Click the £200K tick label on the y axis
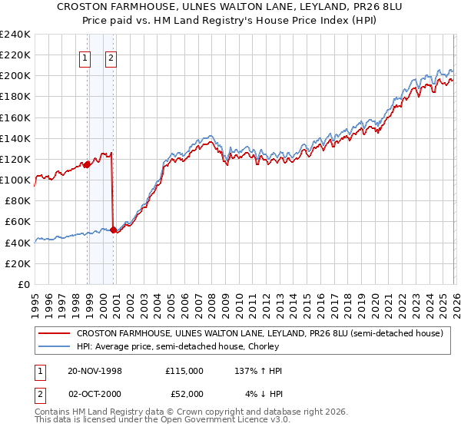coord(15,76)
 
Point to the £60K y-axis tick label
coord(18,222)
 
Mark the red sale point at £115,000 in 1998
coord(88,164)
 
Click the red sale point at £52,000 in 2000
coord(113,229)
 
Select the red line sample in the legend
coord(53,334)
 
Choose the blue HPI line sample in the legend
coord(53,347)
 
